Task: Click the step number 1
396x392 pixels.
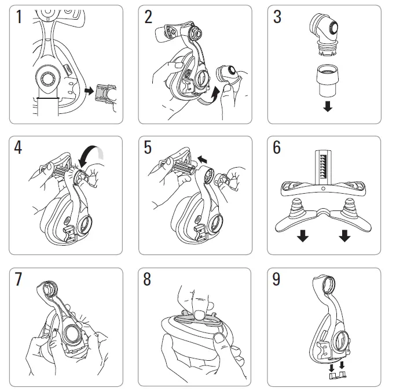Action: coord(19,18)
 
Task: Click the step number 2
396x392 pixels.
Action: coord(149,17)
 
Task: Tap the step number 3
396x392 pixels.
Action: coord(278,17)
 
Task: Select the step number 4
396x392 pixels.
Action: coord(19,148)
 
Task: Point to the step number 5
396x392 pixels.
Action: coord(149,148)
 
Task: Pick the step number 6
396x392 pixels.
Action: coord(278,148)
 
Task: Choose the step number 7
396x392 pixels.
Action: coord(19,280)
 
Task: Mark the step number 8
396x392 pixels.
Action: coord(149,280)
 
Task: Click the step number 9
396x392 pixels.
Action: coord(278,280)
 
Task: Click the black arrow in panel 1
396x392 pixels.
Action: coord(88,91)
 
